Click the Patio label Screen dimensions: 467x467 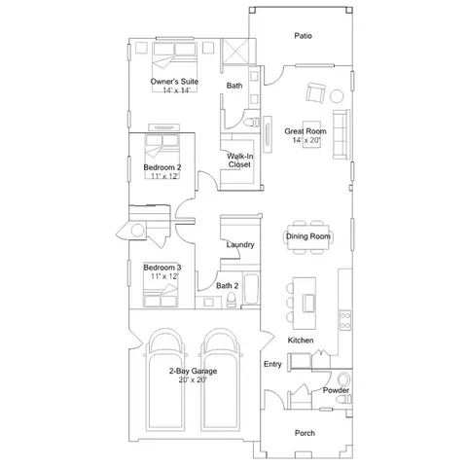[x=304, y=36]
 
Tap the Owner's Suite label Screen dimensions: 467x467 [x=174, y=82]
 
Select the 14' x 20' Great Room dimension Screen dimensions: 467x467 [x=306, y=140]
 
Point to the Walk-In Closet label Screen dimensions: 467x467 [x=240, y=161]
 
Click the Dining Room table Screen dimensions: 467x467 [x=307, y=236]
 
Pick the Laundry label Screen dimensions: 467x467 [x=240, y=244]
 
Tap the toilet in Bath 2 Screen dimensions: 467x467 [x=232, y=300]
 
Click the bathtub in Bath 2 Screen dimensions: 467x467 [x=251, y=289]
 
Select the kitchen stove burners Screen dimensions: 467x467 [x=344, y=320]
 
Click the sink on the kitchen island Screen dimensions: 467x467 [x=308, y=303]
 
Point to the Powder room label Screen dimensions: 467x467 [x=336, y=390]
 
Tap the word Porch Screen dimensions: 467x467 [x=305, y=433]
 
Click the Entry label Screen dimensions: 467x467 [x=272, y=364]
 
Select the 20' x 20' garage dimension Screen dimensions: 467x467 [x=193, y=379]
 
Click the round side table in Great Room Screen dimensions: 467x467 [x=337, y=96]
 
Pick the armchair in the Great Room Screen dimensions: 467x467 [x=315, y=93]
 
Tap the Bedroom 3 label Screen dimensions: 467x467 [x=162, y=268]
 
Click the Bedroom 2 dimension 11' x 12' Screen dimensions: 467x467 [x=164, y=176]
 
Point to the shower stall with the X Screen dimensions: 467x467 [x=236, y=52]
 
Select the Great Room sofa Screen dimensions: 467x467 [x=341, y=134]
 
